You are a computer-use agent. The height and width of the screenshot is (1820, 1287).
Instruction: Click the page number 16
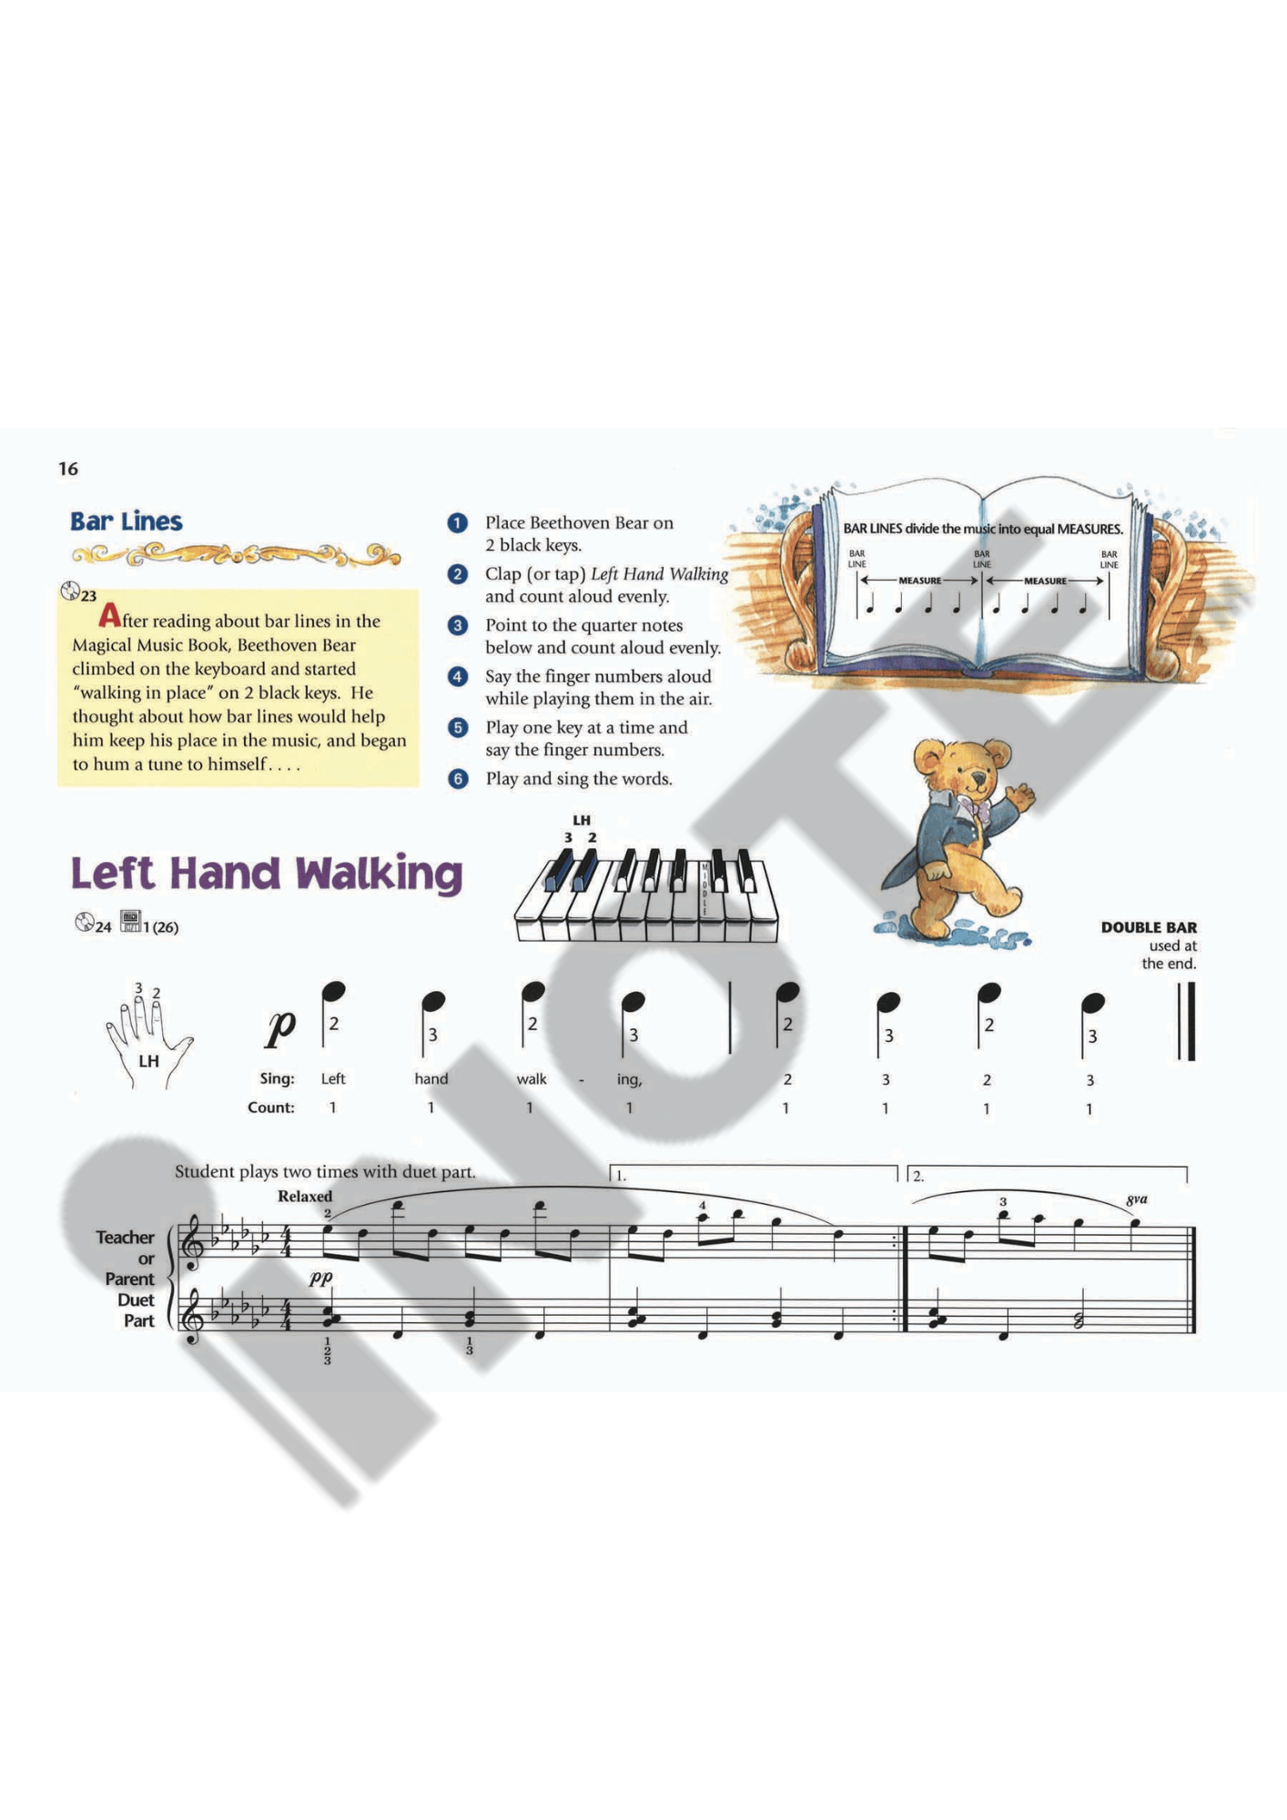[x=68, y=469]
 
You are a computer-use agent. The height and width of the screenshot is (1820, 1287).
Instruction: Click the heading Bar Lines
[x=127, y=521]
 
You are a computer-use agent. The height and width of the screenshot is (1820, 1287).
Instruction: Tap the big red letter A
[x=109, y=616]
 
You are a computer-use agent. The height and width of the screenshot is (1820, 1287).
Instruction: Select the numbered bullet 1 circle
[x=458, y=523]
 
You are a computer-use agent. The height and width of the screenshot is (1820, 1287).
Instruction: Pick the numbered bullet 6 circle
[x=458, y=779]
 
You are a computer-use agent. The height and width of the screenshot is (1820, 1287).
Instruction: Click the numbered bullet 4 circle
[x=458, y=677]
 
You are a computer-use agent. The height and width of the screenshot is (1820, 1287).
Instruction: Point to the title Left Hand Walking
[x=267, y=873]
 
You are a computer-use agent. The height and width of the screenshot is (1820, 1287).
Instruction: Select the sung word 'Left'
[x=333, y=1079]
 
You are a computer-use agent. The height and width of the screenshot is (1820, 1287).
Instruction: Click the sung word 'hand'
[x=431, y=1079]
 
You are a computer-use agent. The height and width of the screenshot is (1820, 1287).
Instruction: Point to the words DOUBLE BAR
[x=1149, y=927]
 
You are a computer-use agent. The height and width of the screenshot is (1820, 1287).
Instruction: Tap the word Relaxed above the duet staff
[x=305, y=1196]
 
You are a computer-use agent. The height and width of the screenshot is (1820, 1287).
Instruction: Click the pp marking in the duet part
[x=320, y=1277]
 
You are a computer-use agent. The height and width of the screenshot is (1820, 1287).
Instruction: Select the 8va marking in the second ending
[x=1137, y=1199]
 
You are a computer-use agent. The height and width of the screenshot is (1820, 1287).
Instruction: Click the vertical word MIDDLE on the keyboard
[x=704, y=889]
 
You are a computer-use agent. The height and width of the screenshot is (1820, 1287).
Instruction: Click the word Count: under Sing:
[x=271, y=1107]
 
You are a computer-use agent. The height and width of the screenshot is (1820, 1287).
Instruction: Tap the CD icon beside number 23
[x=70, y=591]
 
